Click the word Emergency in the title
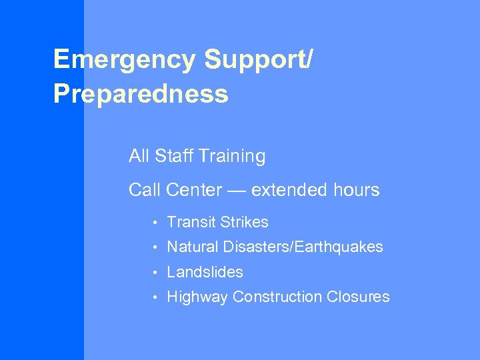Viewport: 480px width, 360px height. (x=125, y=60)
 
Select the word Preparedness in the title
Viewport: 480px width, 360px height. (x=141, y=94)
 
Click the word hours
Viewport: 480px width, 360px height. (x=356, y=190)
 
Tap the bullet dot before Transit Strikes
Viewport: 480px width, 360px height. (x=153, y=223)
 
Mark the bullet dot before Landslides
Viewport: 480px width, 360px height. (x=153, y=273)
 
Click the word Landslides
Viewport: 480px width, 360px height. (x=205, y=272)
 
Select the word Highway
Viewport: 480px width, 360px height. (x=197, y=297)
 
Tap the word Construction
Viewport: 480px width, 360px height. (x=278, y=297)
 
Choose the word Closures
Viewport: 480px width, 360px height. (x=358, y=297)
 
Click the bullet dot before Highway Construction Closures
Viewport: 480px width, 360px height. (x=153, y=297)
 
